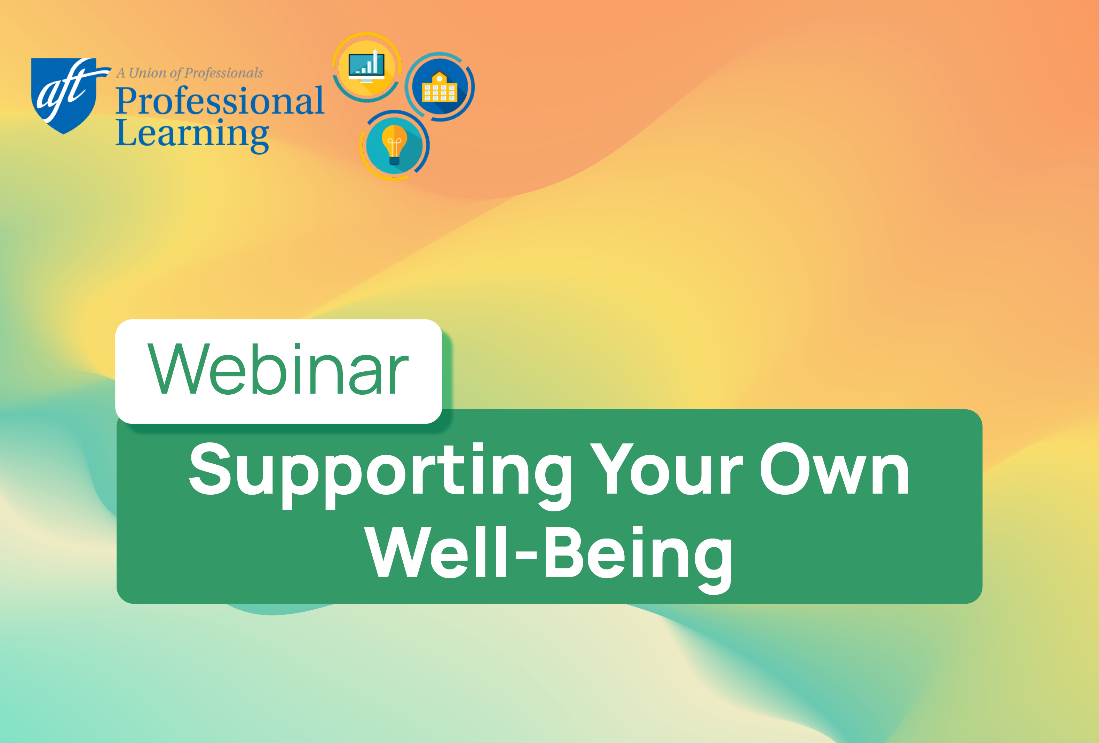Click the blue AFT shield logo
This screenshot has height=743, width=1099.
(64, 95)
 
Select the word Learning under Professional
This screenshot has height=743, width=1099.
(192, 134)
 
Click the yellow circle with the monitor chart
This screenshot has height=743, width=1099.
(366, 68)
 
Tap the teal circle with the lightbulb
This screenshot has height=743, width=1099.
(394, 145)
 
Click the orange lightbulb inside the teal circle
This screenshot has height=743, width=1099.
(394, 142)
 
